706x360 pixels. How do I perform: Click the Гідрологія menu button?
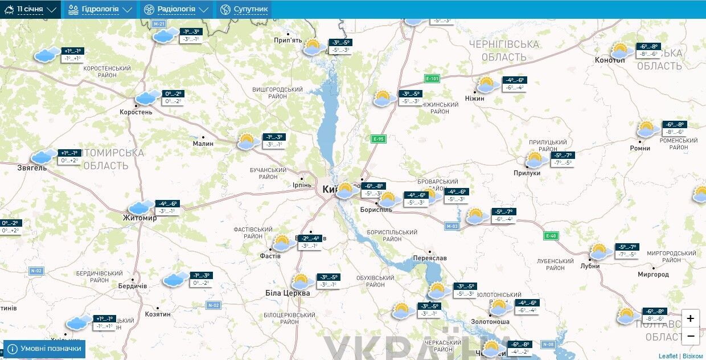100,9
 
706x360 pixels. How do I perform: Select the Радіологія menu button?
176,9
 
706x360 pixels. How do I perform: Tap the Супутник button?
244,9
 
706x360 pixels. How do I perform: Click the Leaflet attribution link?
668,356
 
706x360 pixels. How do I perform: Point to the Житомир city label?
139,218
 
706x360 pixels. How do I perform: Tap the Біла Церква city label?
288,293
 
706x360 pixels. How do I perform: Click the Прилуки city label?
527,173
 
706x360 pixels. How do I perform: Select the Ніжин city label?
474,99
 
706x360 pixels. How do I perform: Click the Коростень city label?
136,112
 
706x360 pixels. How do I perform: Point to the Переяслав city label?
430,258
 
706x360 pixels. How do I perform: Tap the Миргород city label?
653,275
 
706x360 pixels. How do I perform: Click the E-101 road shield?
432,78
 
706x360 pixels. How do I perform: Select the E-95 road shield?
378,138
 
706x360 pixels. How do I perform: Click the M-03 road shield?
451,226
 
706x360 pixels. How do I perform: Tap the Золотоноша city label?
490,322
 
